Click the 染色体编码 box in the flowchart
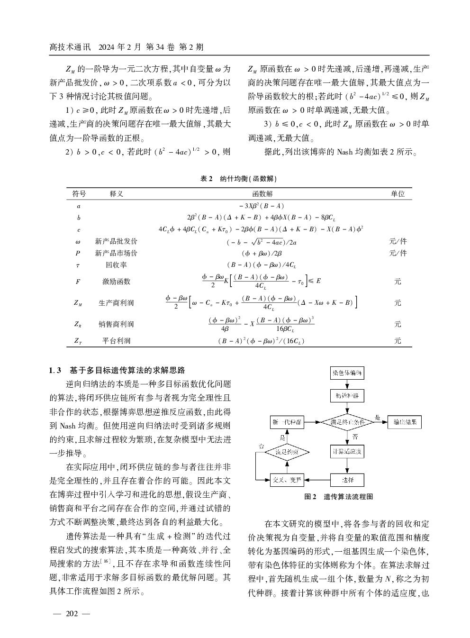tap(347, 373)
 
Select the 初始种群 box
tap(347, 396)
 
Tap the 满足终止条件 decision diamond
tap(347, 422)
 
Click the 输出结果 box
tap(405, 422)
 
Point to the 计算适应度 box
tap(347, 452)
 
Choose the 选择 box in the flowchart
tap(347, 480)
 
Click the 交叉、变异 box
tap(287, 480)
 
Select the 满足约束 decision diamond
tap(287, 452)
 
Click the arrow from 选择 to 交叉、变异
tap(316, 480)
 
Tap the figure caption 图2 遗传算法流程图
tap(338, 497)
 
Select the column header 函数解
tap(262, 194)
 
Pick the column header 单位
tap(398, 194)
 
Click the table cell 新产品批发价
tap(116, 241)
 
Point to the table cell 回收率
tap(116, 265)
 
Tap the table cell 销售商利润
tap(116, 324)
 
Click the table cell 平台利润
tap(116, 341)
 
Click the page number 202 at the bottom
tap(72, 614)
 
